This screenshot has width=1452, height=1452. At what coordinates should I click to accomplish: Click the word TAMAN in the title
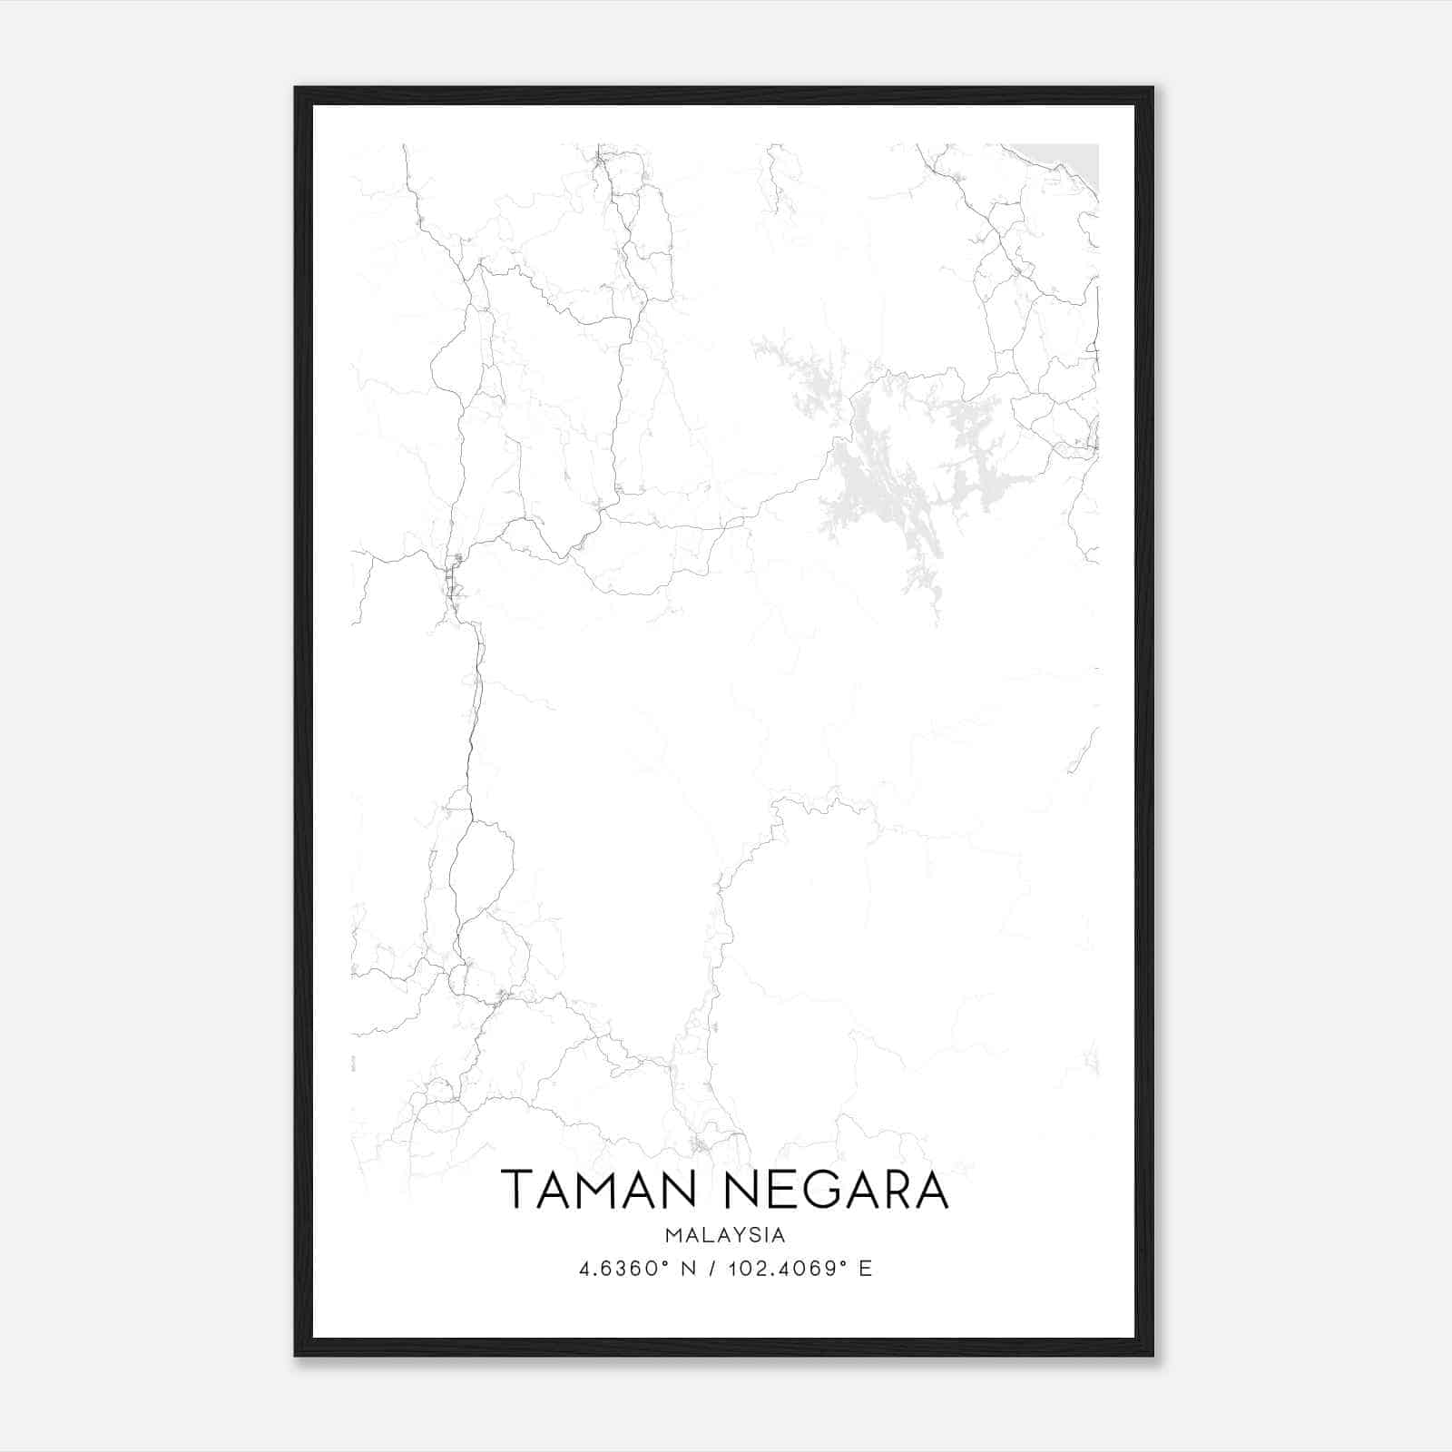(x=594, y=1190)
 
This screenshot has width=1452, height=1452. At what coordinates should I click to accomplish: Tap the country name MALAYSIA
(x=725, y=1235)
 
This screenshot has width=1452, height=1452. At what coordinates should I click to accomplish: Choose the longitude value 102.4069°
(x=784, y=1269)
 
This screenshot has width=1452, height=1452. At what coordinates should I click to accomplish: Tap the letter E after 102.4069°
(x=865, y=1269)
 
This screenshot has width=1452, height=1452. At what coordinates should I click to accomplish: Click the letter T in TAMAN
(x=517, y=1190)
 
